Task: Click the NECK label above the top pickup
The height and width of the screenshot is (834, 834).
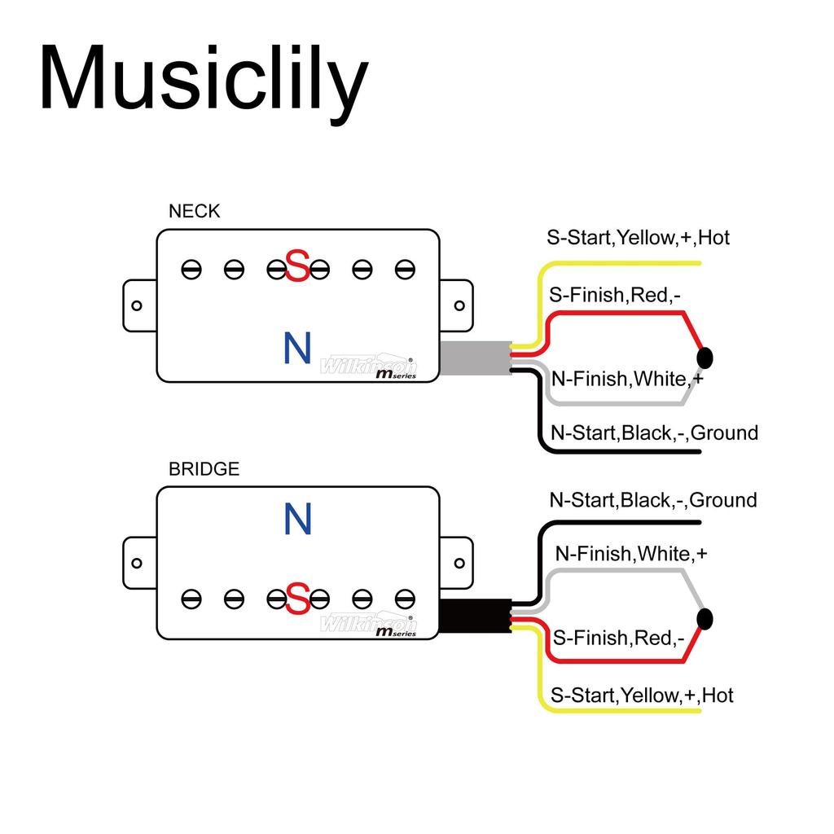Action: pos(194,212)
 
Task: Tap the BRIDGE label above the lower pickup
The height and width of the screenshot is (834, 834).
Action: pos(204,470)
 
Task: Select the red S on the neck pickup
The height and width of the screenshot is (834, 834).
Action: pos(298,267)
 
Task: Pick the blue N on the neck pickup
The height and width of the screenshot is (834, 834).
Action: pos(297,349)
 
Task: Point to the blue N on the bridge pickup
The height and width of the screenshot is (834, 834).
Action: pos(297,520)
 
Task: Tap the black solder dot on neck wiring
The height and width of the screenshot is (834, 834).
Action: pos(705,358)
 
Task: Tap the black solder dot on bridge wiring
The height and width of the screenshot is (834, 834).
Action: pos(705,619)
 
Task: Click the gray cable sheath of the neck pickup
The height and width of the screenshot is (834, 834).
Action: pos(475,358)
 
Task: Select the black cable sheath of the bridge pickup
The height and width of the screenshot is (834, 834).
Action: pos(475,617)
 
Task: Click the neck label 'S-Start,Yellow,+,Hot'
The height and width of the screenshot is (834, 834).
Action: pos(638,238)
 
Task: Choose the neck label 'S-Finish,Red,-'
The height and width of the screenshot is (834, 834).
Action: pos(615,295)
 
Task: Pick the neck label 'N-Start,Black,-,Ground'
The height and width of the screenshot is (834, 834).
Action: pos(654,432)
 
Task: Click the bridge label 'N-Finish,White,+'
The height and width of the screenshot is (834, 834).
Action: pos(631,554)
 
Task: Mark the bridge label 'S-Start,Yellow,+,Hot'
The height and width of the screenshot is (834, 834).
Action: pos(642,696)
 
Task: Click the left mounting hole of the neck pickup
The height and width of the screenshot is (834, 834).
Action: pos(137,306)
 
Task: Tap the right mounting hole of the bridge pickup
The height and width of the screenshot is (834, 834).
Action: pos(459,563)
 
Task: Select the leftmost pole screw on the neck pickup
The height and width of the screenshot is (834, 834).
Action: pos(191,269)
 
